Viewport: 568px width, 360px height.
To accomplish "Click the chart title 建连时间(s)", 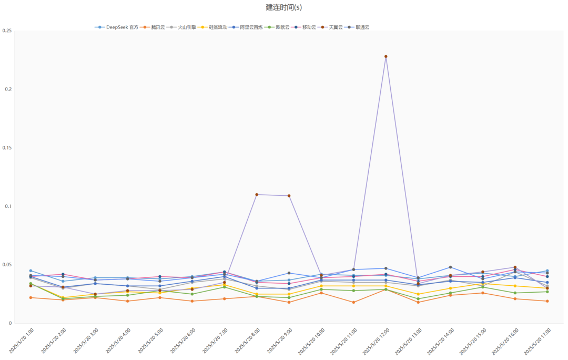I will pos(283,7).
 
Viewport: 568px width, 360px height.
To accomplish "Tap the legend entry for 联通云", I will pos(362,27).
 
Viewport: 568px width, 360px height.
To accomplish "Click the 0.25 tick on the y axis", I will pos(7,31).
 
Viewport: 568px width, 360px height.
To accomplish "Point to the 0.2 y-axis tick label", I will pos(8,89).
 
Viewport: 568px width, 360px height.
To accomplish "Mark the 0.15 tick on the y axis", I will pos(7,148).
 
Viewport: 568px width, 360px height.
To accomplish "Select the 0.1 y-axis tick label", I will pos(8,206).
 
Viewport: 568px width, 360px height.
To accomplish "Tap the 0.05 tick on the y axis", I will pos(7,265).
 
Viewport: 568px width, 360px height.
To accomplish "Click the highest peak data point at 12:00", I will pos(386,56).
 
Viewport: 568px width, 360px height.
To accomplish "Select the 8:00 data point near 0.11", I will pos(257,195).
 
